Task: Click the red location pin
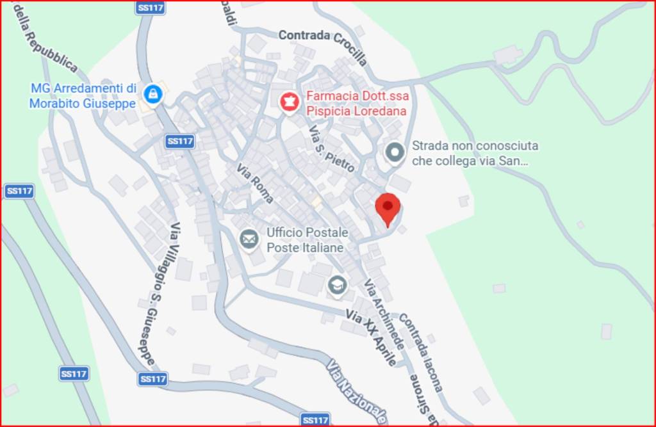pyautogui.click(x=388, y=208)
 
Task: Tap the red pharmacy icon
pyautogui.click(x=290, y=102)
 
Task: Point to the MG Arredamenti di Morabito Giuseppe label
pyautogui.click(x=83, y=95)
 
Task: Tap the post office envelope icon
pyautogui.click(x=249, y=240)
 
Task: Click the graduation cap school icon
pyautogui.click(x=337, y=285)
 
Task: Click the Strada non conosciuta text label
pyautogui.click(x=475, y=154)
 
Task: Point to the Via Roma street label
pyautogui.click(x=255, y=183)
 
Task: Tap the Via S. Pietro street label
pyautogui.click(x=332, y=149)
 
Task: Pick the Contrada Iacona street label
pyautogui.click(x=420, y=352)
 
